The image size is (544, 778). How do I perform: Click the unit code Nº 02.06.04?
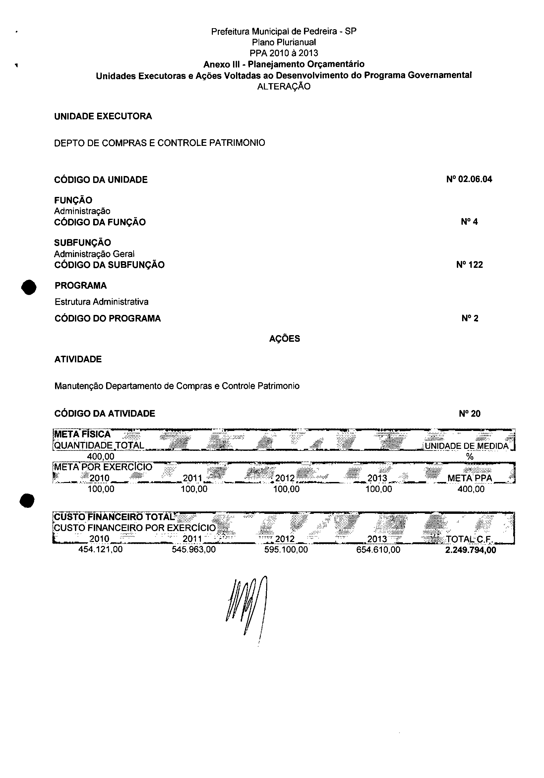pos(469,179)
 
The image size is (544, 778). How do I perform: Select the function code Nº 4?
pos(469,222)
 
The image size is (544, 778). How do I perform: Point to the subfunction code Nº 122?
pos(469,265)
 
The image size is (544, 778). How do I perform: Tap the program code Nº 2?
pos(470,318)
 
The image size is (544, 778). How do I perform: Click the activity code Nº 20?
pos(469,413)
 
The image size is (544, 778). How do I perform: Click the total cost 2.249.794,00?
pos(470,550)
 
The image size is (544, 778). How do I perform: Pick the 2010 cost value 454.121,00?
pos(100,549)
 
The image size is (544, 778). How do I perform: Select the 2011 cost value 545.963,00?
pos(194,549)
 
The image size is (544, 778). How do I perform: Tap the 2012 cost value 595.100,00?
pos(286,549)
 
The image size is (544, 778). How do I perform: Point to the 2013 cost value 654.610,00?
pos(378,549)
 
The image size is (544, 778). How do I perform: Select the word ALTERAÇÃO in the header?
pos(284,87)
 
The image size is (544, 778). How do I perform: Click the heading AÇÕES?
pos(284,338)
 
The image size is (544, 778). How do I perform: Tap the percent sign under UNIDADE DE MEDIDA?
pos(469,457)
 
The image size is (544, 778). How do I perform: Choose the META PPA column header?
pos(469,478)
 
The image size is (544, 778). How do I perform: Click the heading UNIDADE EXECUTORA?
pos(103,116)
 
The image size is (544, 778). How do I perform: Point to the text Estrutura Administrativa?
pos(101,302)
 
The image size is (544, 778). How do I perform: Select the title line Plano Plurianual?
pos(284,42)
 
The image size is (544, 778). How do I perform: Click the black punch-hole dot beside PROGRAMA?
pos(29,287)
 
